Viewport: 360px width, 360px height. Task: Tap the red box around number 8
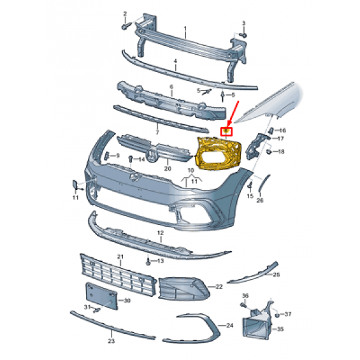pos(226,131)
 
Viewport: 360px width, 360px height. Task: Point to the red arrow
pos(233,113)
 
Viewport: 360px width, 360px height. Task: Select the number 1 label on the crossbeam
pos(185,29)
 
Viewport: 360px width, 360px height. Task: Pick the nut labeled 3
pos(243,35)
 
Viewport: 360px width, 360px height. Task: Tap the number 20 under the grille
pos(168,168)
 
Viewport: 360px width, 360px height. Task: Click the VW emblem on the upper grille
pos(152,155)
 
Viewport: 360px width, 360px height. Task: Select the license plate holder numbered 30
pos(101,296)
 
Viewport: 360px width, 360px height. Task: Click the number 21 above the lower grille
pos(120,257)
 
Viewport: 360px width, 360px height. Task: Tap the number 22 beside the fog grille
pos(219,287)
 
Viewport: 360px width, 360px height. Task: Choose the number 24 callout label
pos(229,326)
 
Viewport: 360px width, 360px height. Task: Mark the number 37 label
pos(288,314)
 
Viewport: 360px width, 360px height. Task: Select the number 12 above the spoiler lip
pos(161,233)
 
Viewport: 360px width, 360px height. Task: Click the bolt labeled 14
pos(131,159)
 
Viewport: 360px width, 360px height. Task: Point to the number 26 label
pos(260,200)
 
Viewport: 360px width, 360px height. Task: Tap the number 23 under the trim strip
pos(112,341)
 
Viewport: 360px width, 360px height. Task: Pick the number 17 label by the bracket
pos(280,138)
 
